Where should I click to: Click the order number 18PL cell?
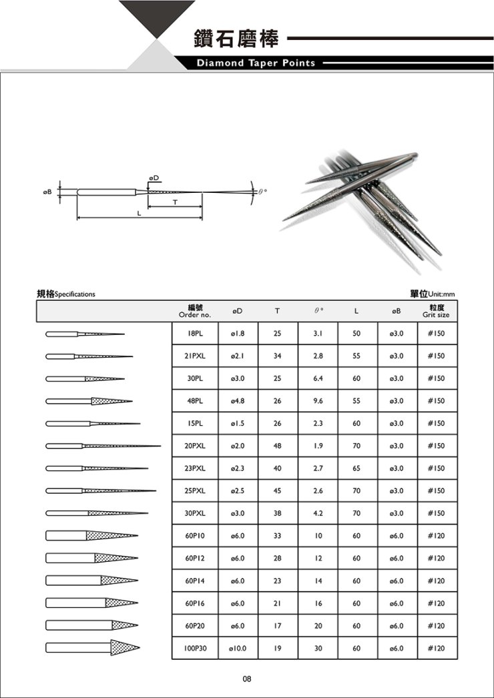click(195, 333)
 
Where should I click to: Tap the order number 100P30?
click(195, 647)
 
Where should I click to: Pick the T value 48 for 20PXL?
click(277, 446)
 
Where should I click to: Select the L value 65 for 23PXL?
click(357, 468)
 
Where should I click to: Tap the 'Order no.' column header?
click(195, 311)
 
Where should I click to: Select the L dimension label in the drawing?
click(139, 214)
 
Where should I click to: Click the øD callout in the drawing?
click(154, 176)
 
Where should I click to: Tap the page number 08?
click(246, 679)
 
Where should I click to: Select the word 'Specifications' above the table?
click(75, 294)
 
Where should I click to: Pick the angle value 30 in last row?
click(318, 647)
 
